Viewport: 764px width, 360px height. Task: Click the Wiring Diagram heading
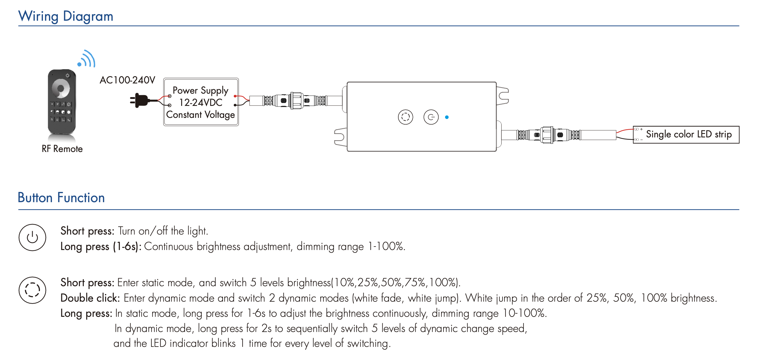[66, 16]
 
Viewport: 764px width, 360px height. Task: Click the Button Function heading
[61, 198]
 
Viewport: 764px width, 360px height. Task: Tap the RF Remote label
[62, 149]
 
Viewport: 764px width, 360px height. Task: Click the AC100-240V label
[127, 80]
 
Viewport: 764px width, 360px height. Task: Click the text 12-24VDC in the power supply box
[201, 102]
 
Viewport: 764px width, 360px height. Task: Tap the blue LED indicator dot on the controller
[447, 117]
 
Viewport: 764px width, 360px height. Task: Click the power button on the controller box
[431, 117]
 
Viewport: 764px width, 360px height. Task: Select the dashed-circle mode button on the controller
[405, 117]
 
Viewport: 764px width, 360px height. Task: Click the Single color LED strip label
[688, 134]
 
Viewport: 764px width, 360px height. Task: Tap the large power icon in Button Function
[32, 237]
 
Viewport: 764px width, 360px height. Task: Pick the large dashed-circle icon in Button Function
[32, 290]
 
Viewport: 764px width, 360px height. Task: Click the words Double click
[90, 298]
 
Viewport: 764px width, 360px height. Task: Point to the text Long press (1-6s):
[101, 247]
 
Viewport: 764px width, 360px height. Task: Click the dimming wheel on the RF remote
[61, 88]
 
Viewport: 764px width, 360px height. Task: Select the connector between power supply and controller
[295, 101]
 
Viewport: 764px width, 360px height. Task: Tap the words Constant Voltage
[200, 115]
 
